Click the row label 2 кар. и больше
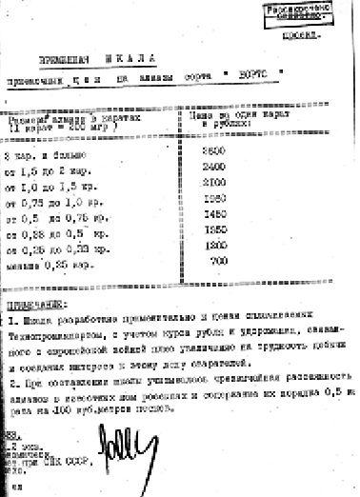click(x=46, y=156)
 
